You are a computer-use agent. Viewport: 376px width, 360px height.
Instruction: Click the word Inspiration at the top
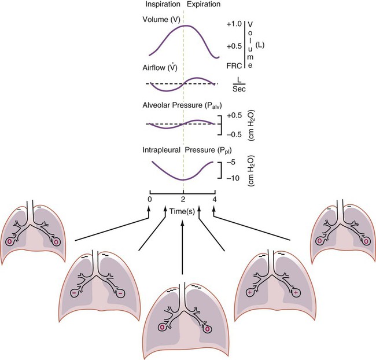[163, 4]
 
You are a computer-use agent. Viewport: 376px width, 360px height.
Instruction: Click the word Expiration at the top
[204, 4]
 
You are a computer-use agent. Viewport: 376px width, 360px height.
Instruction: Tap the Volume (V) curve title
[161, 20]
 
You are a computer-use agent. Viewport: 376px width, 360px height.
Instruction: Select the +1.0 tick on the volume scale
[234, 24]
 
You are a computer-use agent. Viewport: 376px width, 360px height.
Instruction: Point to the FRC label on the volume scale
[234, 66]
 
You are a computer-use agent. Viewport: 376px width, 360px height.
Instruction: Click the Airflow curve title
[160, 68]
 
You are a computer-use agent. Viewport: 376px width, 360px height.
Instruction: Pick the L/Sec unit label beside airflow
[239, 85]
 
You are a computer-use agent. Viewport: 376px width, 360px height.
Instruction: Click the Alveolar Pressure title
[182, 105]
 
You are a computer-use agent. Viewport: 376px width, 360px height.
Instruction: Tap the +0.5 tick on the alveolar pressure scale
[234, 115]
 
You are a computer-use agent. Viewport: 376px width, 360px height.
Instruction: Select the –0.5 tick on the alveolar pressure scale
[234, 134]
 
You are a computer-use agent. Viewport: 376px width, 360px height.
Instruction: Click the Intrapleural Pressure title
[187, 150]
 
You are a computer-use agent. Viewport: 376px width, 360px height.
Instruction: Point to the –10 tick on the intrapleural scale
[233, 178]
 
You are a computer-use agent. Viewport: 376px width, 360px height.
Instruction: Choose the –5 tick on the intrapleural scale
[231, 162]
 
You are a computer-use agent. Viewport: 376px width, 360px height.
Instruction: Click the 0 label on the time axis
[150, 200]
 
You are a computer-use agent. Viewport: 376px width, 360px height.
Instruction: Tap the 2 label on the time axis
[183, 200]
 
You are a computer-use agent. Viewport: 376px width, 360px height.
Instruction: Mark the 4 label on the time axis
[215, 200]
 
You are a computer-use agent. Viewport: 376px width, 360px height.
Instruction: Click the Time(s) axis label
[182, 211]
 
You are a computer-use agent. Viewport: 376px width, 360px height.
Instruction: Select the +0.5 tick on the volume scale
[234, 46]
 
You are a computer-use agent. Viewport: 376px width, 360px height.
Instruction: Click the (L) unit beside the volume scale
[260, 45]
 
